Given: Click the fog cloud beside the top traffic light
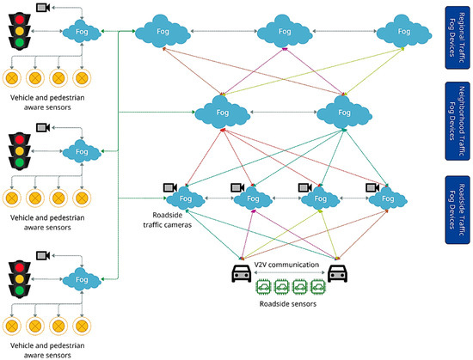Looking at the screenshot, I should [82, 32].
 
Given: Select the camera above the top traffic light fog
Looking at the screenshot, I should [42, 8].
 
